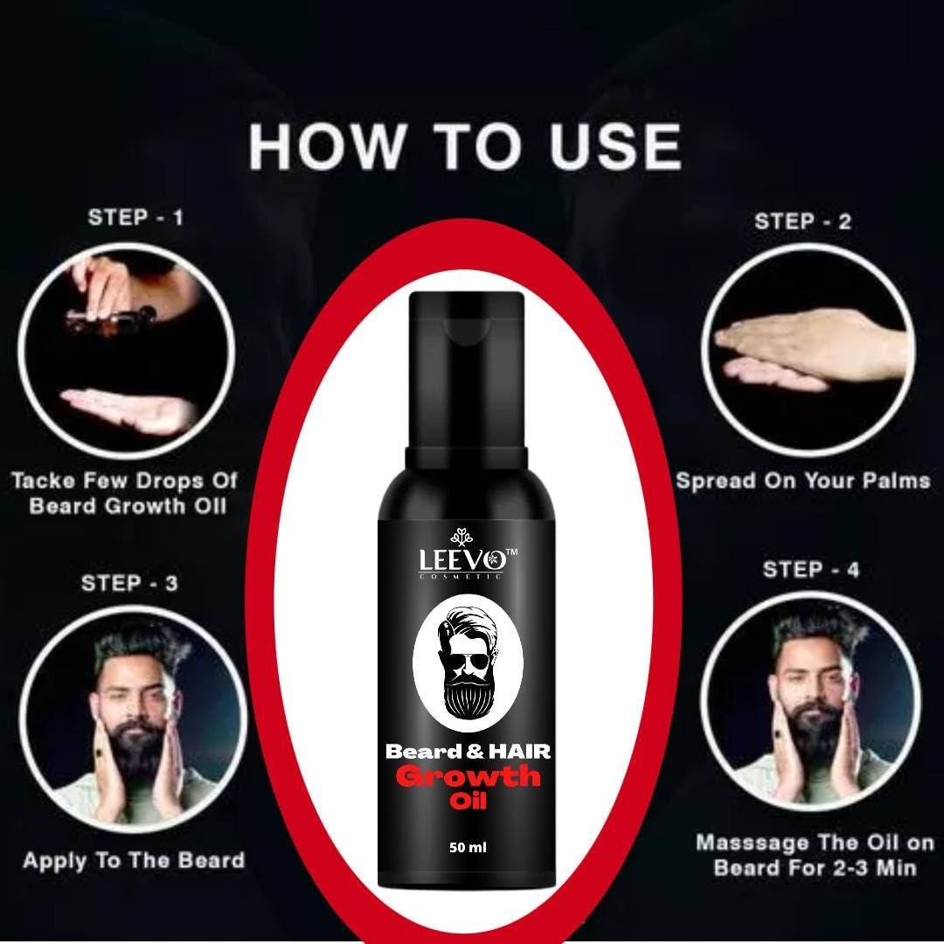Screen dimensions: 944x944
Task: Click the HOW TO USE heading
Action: [464, 146]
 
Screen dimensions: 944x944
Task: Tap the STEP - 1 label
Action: [135, 218]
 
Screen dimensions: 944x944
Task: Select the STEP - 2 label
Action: [802, 221]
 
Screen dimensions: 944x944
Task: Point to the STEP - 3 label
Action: [129, 582]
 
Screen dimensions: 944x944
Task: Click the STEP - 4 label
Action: [810, 570]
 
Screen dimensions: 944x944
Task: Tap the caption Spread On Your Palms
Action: [802, 481]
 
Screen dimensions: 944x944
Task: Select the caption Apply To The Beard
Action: [134, 860]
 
